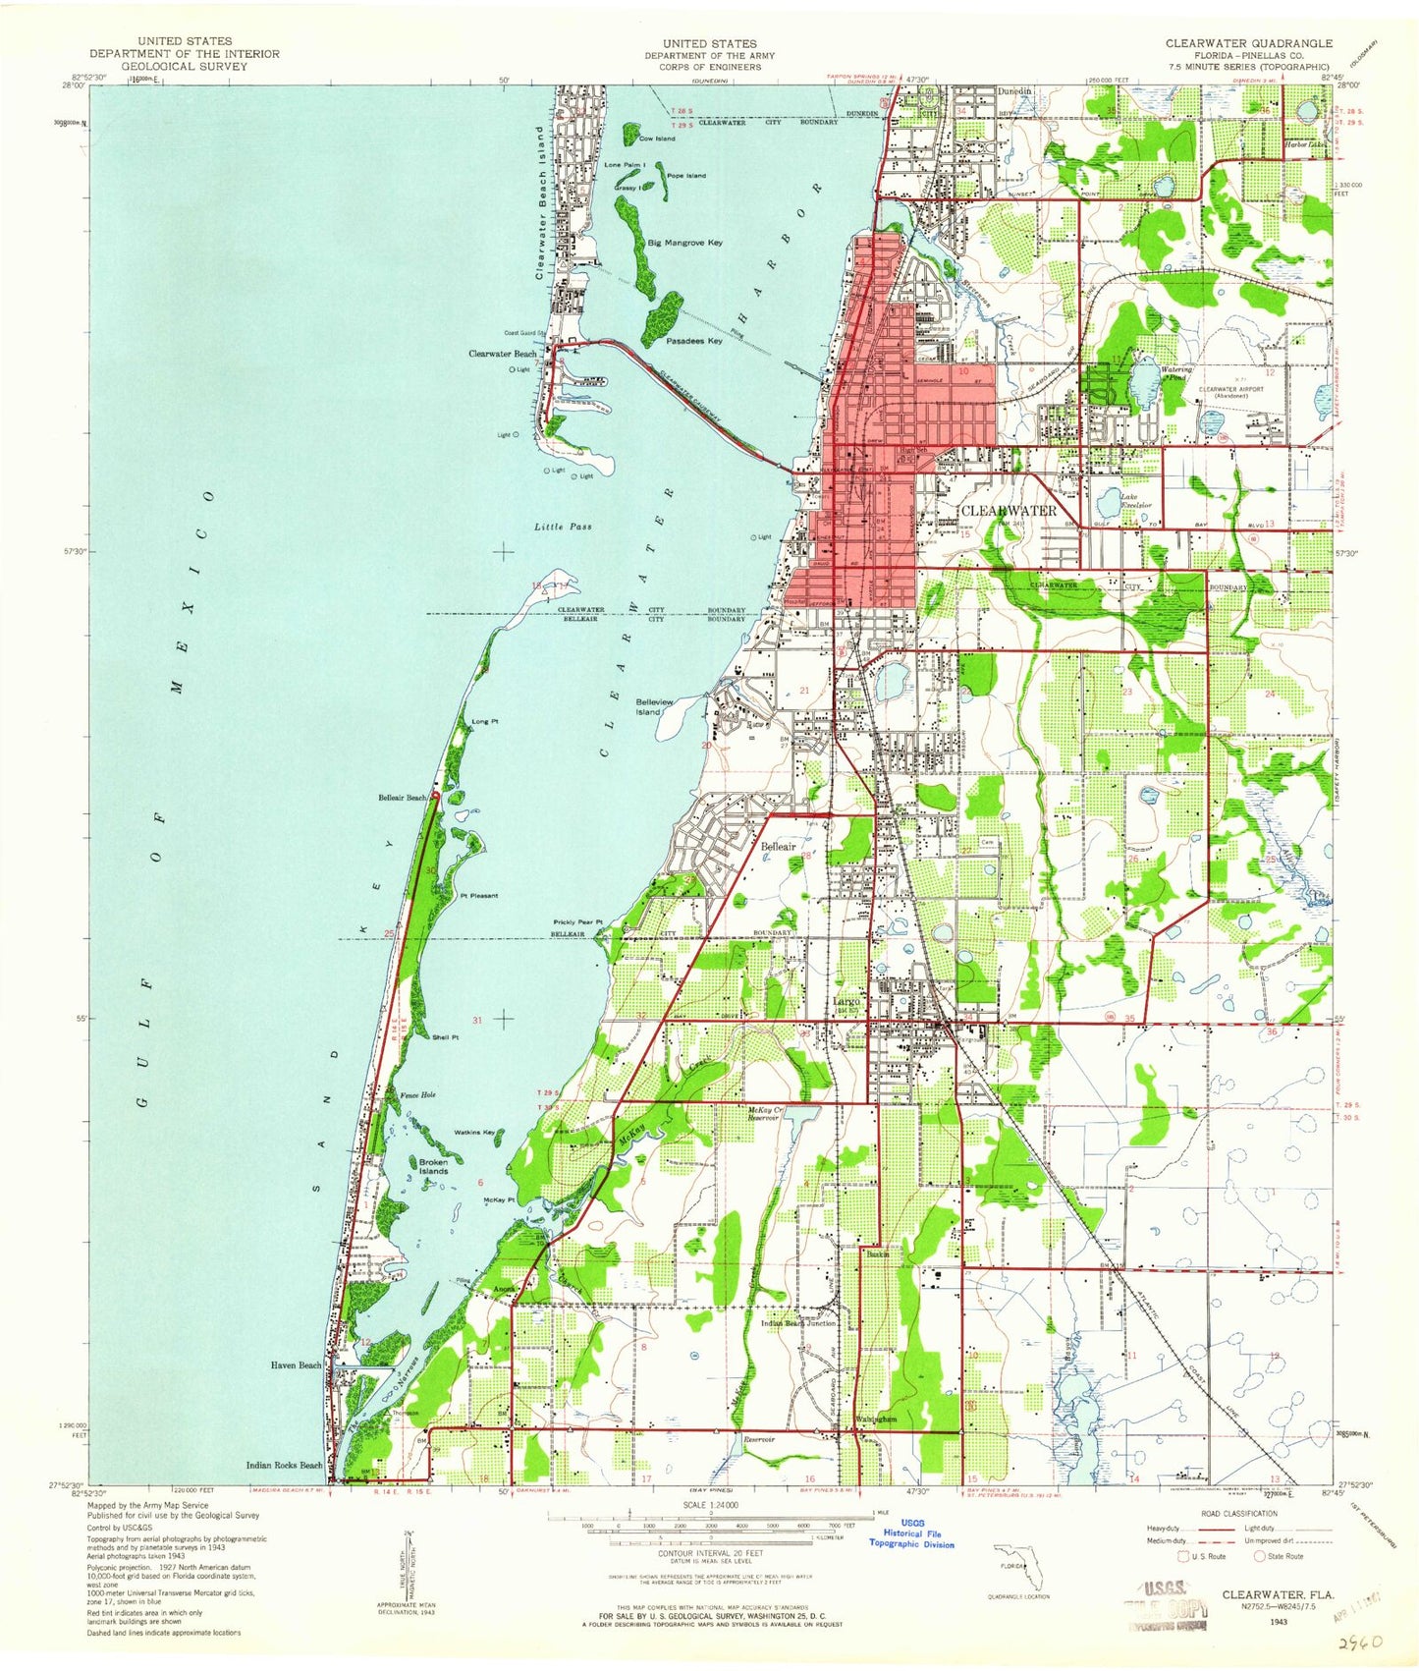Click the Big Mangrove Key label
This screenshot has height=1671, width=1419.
684,243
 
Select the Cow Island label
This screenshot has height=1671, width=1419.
657,139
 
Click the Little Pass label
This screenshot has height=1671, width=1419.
563,528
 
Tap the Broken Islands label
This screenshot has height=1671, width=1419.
433,1167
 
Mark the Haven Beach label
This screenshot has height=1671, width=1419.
296,1365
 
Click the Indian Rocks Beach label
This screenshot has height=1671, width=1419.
285,1465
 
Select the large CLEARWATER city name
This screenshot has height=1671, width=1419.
1008,511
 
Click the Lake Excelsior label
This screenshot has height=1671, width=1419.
1136,500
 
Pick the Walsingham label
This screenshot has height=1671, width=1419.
876,1420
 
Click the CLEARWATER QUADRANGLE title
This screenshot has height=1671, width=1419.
1248,43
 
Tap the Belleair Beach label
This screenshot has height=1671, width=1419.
403,798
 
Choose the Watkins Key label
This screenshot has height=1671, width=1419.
474,1133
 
